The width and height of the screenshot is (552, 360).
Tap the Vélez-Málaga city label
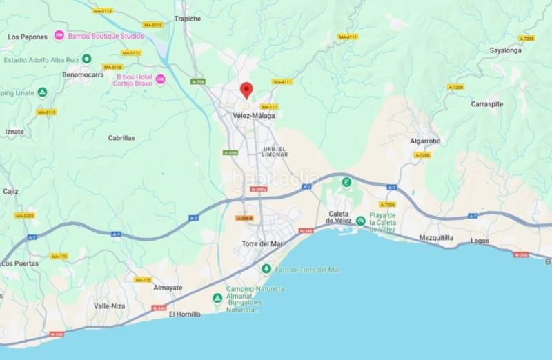click(x=253, y=115)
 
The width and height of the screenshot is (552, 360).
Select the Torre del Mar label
click(x=262, y=243)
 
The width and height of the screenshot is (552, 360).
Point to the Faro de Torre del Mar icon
click(x=266, y=268)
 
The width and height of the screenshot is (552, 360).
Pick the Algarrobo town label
click(x=425, y=141)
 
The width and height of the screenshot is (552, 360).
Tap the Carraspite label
click(x=486, y=103)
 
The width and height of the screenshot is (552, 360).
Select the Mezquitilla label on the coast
click(x=436, y=237)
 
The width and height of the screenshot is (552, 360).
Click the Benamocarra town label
click(x=82, y=74)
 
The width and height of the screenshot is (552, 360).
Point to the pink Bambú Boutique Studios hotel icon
click(x=59, y=36)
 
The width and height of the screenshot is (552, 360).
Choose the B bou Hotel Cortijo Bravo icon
click(x=160, y=80)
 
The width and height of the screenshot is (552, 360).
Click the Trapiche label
click(x=188, y=19)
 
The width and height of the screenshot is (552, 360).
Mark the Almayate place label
click(x=168, y=287)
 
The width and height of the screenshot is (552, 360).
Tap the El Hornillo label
click(x=184, y=314)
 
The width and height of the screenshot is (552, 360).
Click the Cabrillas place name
click(x=121, y=138)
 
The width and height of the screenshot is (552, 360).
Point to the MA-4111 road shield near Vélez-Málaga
click(x=282, y=81)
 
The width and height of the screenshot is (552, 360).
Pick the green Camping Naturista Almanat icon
click(x=217, y=298)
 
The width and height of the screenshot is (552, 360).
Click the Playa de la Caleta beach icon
click(x=360, y=221)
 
